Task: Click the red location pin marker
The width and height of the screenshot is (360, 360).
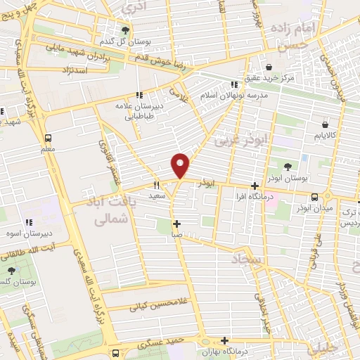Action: tap(181, 165)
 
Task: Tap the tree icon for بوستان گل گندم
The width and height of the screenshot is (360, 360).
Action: tap(125, 30)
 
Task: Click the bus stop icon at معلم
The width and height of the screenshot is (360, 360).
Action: tap(48, 138)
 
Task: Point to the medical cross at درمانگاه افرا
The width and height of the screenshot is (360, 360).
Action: tap(255, 186)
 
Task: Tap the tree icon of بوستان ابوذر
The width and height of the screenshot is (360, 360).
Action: tap(289, 167)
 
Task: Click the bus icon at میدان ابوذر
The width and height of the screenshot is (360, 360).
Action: tap(314, 197)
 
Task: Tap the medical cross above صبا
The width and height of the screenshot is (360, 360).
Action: tap(176, 224)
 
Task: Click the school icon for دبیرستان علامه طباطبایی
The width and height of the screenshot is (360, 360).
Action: tap(139, 94)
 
